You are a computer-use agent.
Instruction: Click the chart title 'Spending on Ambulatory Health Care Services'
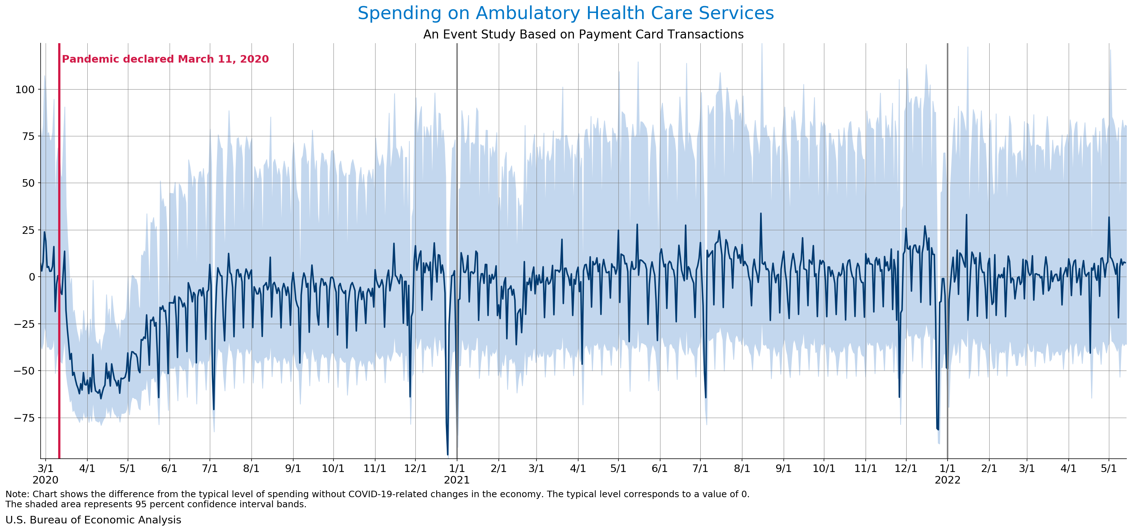pyautogui.click(x=566, y=13)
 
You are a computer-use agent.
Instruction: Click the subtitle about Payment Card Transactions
pyautogui.click(x=583, y=34)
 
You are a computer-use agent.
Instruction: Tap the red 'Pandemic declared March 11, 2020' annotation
pyautogui.click(x=165, y=59)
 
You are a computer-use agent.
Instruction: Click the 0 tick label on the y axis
pyautogui.click(x=31, y=277)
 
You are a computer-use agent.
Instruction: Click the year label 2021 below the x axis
pyautogui.click(x=457, y=480)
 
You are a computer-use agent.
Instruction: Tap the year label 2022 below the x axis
pyautogui.click(x=947, y=480)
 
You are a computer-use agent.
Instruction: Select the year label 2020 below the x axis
pyautogui.click(x=45, y=480)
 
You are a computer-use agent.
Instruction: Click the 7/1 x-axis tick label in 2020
pyautogui.click(x=210, y=468)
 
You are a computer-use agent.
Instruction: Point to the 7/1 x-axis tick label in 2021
pyautogui.click(x=700, y=468)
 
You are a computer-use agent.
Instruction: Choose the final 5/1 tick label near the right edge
pyautogui.click(x=1108, y=468)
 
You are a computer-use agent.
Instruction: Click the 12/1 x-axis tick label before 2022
pyautogui.click(x=906, y=468)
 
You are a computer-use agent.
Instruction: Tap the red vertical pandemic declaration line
pyautogui.click(x=59, y=220)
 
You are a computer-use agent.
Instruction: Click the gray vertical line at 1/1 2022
pyautogui.click(x=947, y=176)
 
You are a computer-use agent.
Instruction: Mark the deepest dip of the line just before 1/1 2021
pyautogui.click(x=447, y=454)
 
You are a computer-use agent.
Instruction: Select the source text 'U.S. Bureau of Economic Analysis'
pyautogui.click(x=93, y=520)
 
